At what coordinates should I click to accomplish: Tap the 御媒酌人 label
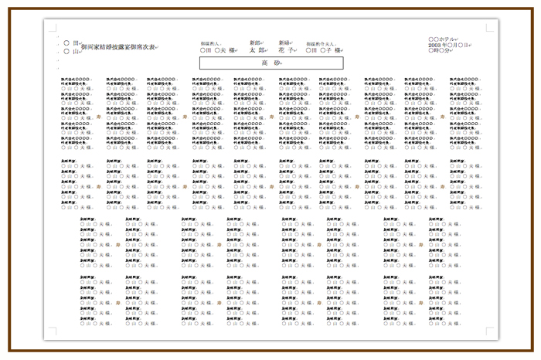(x=210, y=43)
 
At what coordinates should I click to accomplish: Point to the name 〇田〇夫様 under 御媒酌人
(x=216, y=50)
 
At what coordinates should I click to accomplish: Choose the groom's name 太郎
(x=257, y=50)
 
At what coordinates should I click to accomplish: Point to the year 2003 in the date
(x=435, y=45)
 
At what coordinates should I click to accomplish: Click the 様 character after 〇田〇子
(x=338, y=50)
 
